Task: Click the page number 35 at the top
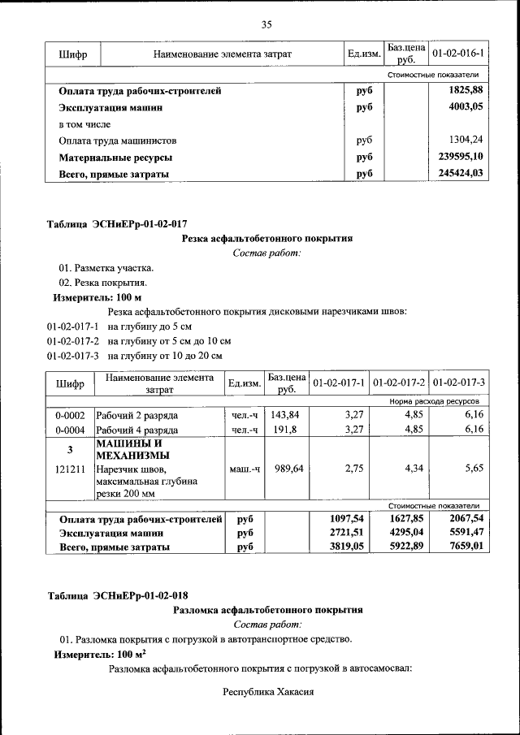tap(266, 24)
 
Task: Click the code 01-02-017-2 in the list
tap(73, 341)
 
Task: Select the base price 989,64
tap(288, 469)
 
